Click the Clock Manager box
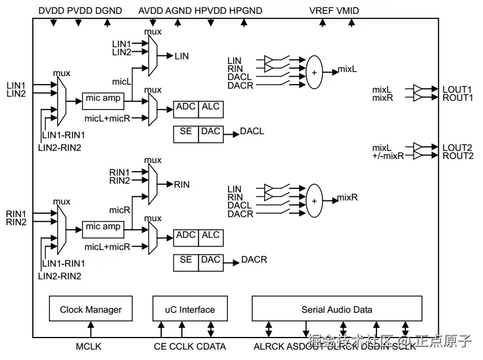click(90, 309)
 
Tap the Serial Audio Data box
click(337, 309)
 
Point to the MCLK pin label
click(89, 347)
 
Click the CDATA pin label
click(211, 347)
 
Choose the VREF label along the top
click(321, 11)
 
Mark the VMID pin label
click(348, 11)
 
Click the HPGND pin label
click(245, 11)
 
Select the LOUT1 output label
click(457, 90)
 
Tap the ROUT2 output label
click(458, 156)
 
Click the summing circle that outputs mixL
click(314, 73)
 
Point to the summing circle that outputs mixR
click(314, 201)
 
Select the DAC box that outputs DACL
click(211, 132)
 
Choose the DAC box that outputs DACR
click(211, 260)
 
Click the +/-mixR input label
click(388, 157)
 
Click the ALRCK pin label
click(269, 347)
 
